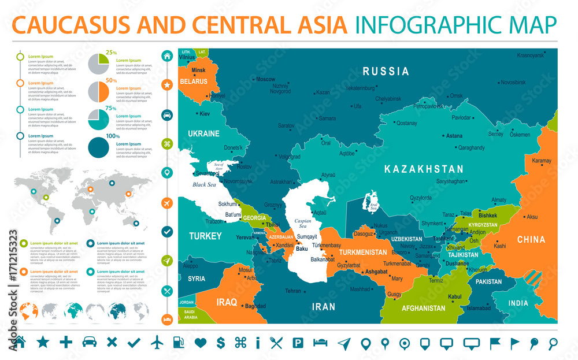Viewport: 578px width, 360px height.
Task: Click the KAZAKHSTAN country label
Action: (424, 169)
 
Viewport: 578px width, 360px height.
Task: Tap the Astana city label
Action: (454, 136)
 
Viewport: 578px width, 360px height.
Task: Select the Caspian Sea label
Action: (303, 224)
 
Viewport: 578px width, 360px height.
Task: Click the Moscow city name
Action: (265, 79)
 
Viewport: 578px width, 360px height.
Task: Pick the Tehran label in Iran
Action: (293, 291)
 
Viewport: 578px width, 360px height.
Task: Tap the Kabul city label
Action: (455, 297)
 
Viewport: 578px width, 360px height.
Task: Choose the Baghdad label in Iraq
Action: (255, 306)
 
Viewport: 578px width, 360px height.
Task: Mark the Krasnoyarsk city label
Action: (531, 55)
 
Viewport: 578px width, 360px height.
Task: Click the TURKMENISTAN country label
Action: (362, 253)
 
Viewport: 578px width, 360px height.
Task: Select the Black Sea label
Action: (204, 185)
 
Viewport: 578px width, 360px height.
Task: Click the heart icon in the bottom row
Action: (201, 343)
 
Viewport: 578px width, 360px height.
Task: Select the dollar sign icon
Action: (220, 343)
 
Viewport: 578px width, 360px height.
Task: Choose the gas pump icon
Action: (179, 343)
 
